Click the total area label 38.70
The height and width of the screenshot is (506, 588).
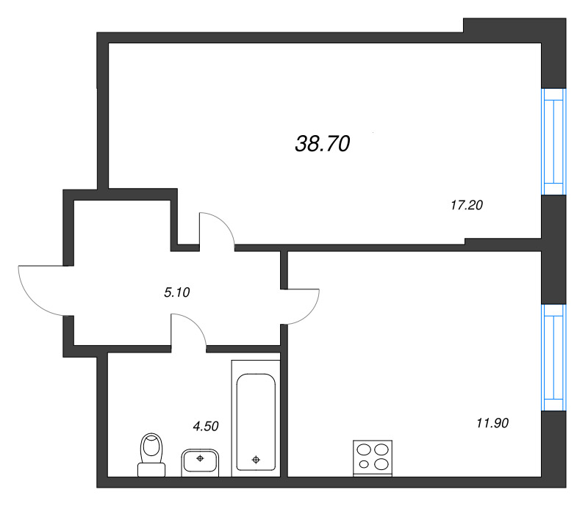322,145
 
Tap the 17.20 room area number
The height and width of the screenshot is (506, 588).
466,206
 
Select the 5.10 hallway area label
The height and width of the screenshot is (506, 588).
177,292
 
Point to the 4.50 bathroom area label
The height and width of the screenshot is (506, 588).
206,425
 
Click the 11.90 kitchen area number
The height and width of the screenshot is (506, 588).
492,423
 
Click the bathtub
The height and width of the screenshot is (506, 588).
255,419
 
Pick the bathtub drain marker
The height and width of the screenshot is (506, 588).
255,460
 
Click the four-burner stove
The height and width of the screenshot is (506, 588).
373,457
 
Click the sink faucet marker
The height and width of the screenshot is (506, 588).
200,457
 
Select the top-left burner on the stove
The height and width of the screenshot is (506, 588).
364,449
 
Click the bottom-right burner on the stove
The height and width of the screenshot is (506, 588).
381,465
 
